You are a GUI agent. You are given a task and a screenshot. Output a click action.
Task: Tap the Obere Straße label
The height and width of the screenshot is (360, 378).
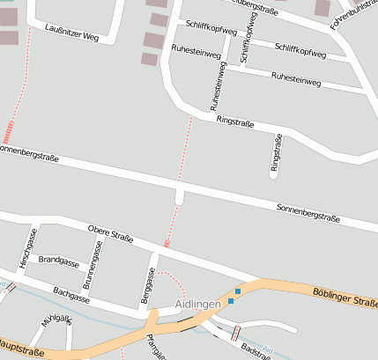(110, 233)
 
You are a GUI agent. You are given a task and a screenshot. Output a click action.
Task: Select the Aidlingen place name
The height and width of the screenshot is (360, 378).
(197, 304)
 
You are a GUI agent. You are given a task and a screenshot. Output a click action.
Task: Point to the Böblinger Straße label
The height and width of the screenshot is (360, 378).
(345, 296)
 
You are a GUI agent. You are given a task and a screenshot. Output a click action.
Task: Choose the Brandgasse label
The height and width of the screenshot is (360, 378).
(58, 262)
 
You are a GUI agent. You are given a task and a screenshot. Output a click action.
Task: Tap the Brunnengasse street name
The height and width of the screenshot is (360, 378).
(93, 265)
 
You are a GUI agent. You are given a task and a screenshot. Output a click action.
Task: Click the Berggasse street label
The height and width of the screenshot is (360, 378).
(148, 287)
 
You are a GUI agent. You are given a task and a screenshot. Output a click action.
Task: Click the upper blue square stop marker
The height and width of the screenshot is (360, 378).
(237, 291)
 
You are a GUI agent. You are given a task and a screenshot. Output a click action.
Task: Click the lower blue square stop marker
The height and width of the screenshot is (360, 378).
(231, 302)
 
